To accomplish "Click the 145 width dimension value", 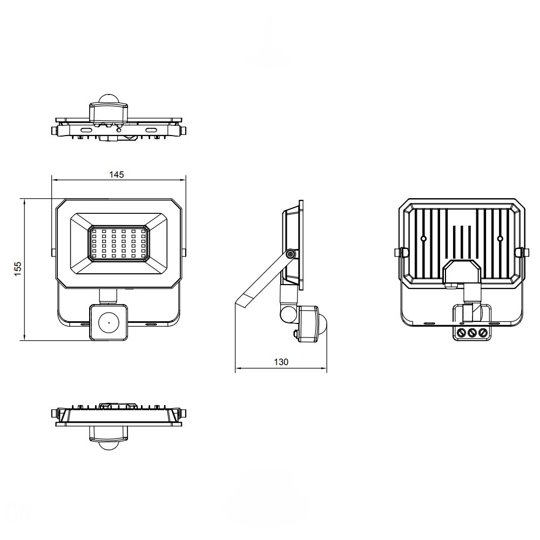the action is (117, 174).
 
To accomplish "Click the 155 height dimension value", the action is (18, 269).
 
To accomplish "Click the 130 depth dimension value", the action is (281, 362).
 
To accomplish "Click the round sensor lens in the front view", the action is (109, 323).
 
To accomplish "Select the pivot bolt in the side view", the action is (291, 254).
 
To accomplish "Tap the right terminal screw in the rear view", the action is (483, 333).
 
